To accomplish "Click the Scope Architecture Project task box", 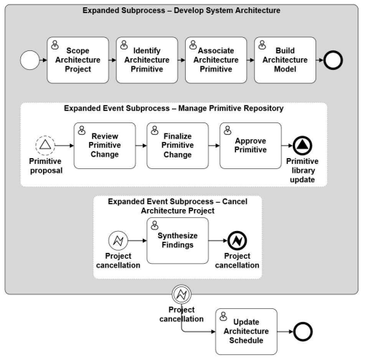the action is click(x=78, y=60).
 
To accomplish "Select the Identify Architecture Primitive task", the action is click(x=146, y=60).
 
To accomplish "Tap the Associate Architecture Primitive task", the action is click(x=216, y=60).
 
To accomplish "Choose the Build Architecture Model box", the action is click(x=285, y=60).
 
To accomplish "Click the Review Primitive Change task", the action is click(x=105, y=146).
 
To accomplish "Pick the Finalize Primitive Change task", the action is click(x=178, y=146).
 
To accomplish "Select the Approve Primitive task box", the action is click(x=251, y=146).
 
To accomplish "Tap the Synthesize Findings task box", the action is click(x=178, y=240).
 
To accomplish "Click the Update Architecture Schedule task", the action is click(x=246, y=332).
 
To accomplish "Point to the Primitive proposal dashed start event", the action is click(x=45, y=146).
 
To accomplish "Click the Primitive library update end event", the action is click(x=302, y=146).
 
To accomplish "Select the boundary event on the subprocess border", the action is click(x=181, y=294).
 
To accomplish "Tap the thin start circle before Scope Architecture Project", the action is click(x=30, y=60).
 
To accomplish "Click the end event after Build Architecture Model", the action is click(x=333, y=60).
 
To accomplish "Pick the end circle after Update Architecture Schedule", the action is click(x=303, y=332).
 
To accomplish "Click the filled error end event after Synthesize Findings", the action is click(x=238, y=240).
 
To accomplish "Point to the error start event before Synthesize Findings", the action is click(x=118, y=240).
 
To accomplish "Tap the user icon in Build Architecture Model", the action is click(x=262, y=45).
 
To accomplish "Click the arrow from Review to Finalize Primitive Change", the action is click(x=141, y=146).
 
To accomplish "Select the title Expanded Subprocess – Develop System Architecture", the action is click(x=181, y=10).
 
